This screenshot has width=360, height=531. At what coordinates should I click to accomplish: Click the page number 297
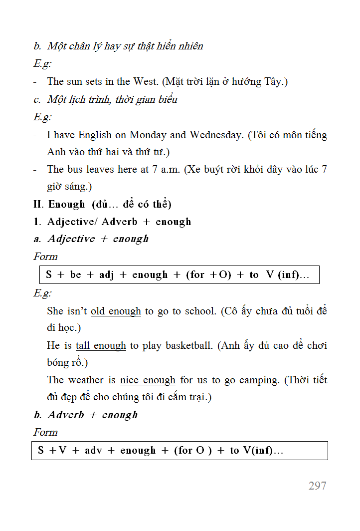pyautogui.click(x=318, y=486)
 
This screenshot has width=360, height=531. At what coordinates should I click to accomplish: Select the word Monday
pyautogui.click(x=148, y=135)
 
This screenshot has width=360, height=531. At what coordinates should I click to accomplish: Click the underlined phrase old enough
pyautogui.click(x=116, y=311)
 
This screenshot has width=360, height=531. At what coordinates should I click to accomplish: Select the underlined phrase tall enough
pyautogui.click(x=101, y=345)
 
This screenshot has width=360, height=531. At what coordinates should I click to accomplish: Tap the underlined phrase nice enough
pyautogui.click(x=148, y=380)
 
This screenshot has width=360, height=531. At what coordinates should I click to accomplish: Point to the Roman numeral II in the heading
pyautogui.click(x=38, y=204)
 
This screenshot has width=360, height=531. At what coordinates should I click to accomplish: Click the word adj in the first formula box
pyautogui.click(x=106, y=275)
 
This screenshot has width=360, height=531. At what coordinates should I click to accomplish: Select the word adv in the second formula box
pyautogui.click(x=93, y=451)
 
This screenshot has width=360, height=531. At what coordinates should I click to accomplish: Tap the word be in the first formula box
pyautogui.click(x=76, y=275)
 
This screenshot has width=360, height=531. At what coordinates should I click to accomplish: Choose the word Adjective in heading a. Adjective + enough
pyautogui.click(x=71, y=239)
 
